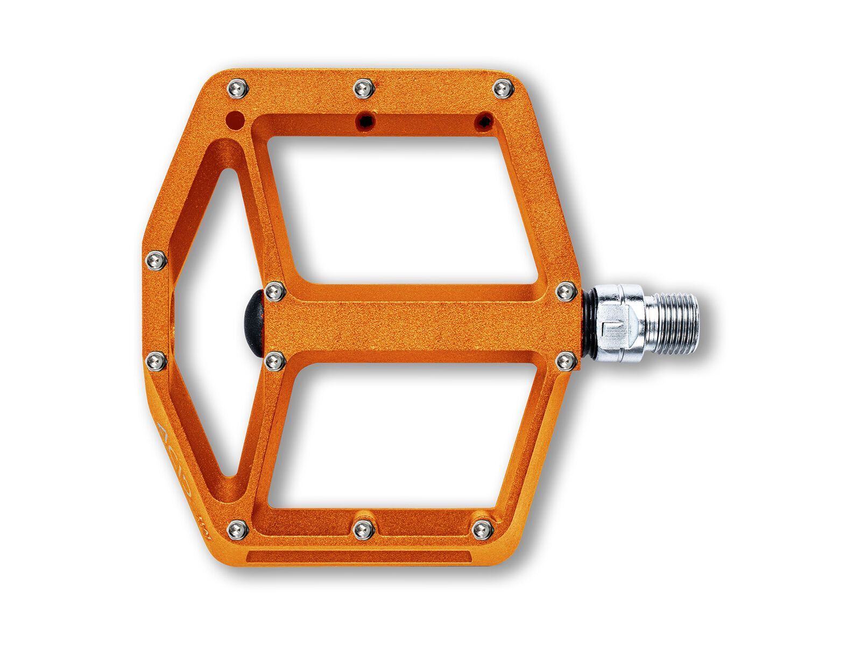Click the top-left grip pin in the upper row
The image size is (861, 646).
point(238,88)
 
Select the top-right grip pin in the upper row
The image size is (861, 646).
point(504,88)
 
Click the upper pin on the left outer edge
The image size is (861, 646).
point(156,261)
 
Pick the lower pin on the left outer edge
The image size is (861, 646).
point(156,360)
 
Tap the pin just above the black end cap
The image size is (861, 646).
point(275,292)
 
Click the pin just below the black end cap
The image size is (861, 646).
point(275,361)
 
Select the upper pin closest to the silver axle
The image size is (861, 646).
point(566,292)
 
